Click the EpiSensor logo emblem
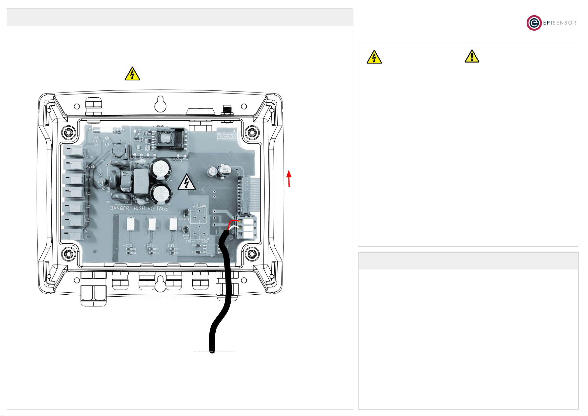(534, 23)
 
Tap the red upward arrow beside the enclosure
(289, 178)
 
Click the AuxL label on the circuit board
(90, 157)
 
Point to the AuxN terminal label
(91, 167)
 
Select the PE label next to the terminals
(88, 180)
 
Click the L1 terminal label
(88, 193)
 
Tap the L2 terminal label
(88, 206)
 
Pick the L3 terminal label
(87, 220)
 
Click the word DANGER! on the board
(120, 208)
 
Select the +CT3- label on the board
(129, 246)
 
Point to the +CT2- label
(150, 246)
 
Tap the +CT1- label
(171, 246)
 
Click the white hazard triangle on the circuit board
(187, 182)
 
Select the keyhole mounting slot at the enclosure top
(160, 104)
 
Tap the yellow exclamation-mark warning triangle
(472, 57)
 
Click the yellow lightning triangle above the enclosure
(132, 74)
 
